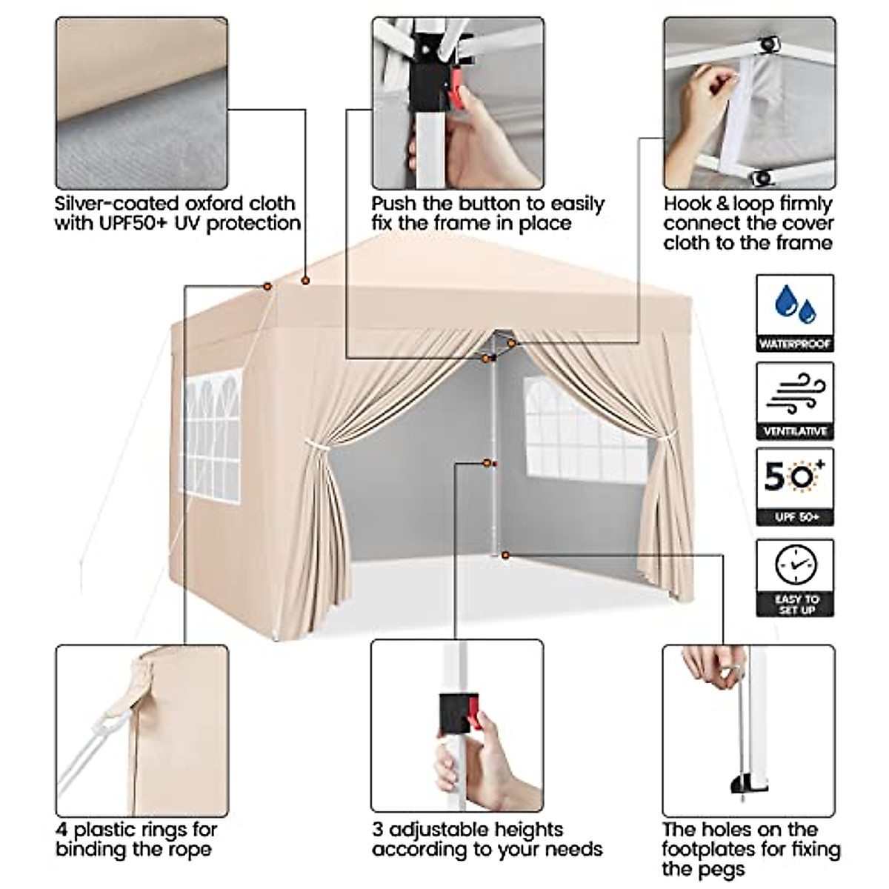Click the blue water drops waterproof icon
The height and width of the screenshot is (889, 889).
[x=794, y=304]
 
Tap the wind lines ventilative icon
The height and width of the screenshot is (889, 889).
[x=795, y=393]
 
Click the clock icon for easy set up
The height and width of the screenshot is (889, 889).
[x=795, y=566]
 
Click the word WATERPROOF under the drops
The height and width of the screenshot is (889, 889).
[x=795, y=344]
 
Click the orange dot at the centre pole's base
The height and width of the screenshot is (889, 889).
[x=505, y=555]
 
